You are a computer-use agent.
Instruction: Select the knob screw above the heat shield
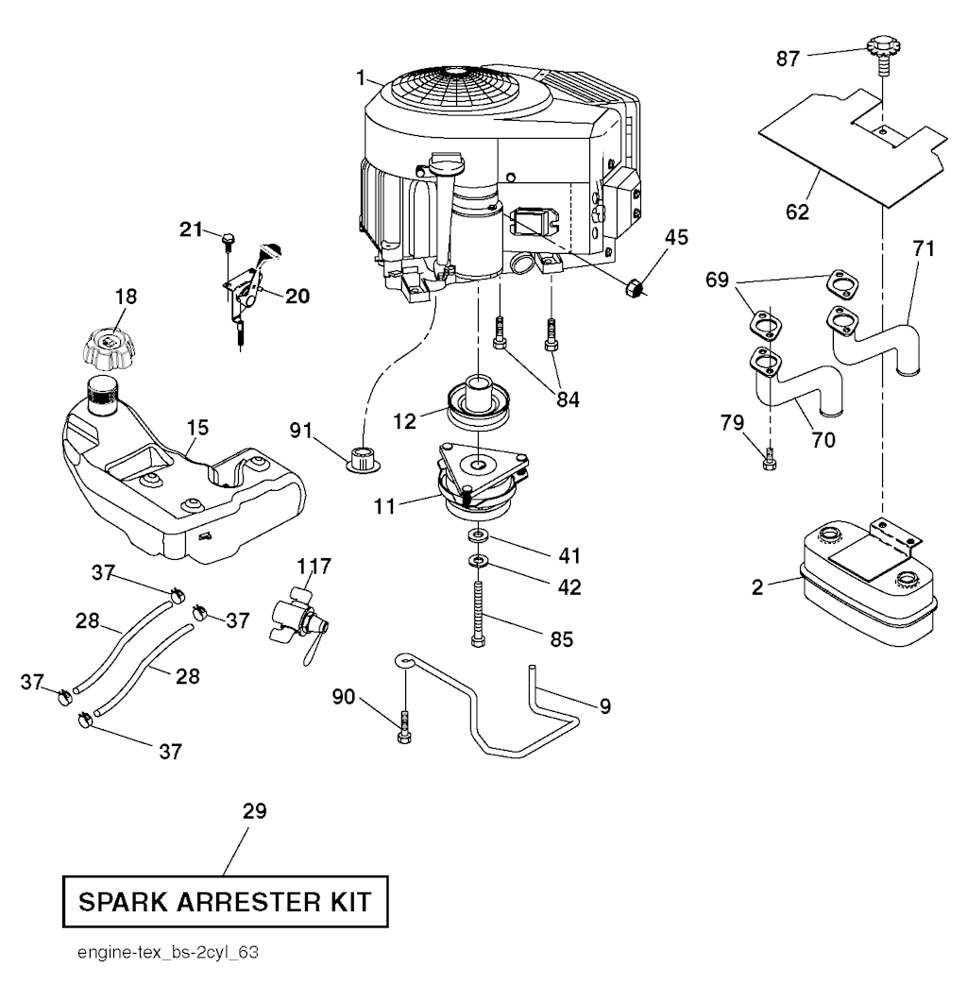[880, 48]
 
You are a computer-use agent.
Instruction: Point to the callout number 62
[797, 212]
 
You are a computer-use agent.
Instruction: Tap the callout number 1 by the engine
[361, 76]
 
